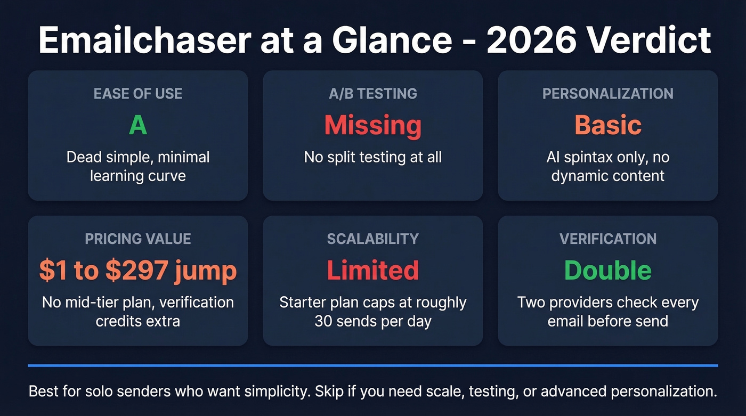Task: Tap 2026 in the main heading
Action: [x=539, y=40]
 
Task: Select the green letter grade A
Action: [x=137, y=126]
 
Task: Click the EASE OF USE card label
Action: [x=137, y=94]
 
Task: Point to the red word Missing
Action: [x=372, y=126]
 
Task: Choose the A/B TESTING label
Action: [x=372, y=94]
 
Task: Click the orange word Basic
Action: [x=607, y=126]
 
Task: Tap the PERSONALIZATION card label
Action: [x=607, y=94]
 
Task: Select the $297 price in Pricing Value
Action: [x=134, y=271]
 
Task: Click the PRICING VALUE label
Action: [x=137, y=239]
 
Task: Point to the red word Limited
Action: [x=372, y=271]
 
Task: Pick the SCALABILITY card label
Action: [x=372, y=239]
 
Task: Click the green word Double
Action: [x=607, y=271]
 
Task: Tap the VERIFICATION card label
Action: [x=607, y=239]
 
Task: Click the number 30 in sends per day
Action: [x=323, y=321]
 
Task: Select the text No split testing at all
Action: [x=372, y=157]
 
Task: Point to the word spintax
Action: [x=591, y=157]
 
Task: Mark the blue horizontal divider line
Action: [x=372, y=365]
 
